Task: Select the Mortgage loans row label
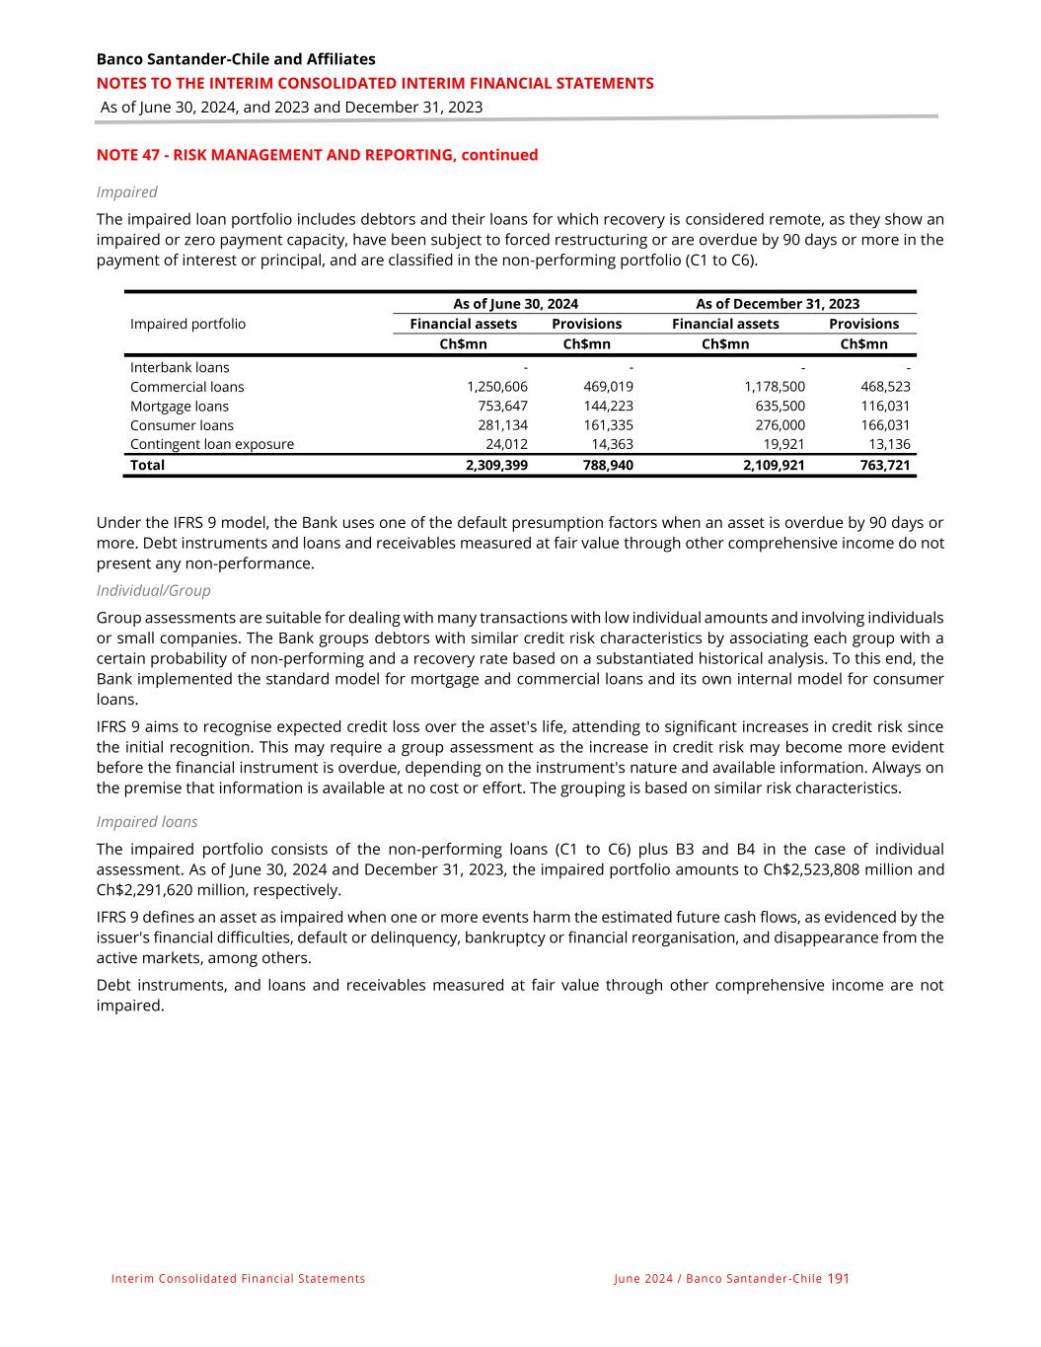(179, 407)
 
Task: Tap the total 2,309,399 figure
(496, 465)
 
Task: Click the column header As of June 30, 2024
(515, 304)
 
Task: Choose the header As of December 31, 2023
(778, 304)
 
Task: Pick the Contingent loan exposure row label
(212, 444)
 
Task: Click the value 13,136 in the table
(885, 444)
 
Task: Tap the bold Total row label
(147, 465)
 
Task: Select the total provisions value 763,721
(883, 465)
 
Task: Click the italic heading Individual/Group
(153, 590)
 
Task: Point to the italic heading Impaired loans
(147, 821)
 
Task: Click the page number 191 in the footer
(838, 1278)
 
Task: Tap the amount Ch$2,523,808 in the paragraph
(805, 869)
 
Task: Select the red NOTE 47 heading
(317, 155)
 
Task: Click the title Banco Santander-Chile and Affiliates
(236, 59)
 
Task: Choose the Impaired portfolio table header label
(187, 324)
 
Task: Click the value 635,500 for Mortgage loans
(778, 407)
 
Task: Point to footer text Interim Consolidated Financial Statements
(238, 1279)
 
